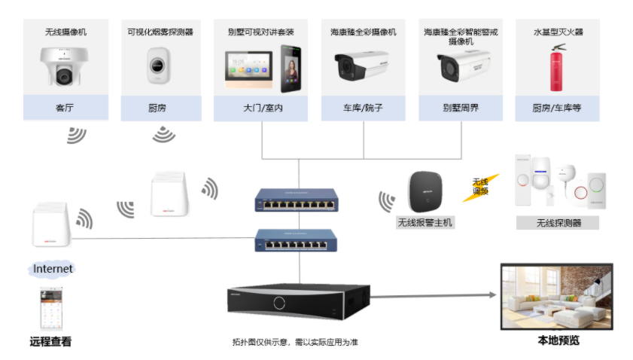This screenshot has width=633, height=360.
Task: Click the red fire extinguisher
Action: coord(558,66)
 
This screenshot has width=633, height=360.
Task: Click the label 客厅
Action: coord(65,108)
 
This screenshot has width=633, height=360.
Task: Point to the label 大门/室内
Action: coord(261,108)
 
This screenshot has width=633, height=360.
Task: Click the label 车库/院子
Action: coord(364,108)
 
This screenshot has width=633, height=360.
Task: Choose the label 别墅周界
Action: coord(461,108)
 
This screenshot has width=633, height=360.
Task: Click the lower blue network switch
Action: coord(299,240)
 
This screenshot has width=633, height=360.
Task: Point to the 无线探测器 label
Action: coord(558,223)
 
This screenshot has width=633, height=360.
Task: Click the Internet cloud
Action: coord(53,268)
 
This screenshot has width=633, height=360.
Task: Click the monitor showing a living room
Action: coord(557,296)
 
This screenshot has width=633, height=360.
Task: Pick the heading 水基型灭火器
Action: coord(558,32)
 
